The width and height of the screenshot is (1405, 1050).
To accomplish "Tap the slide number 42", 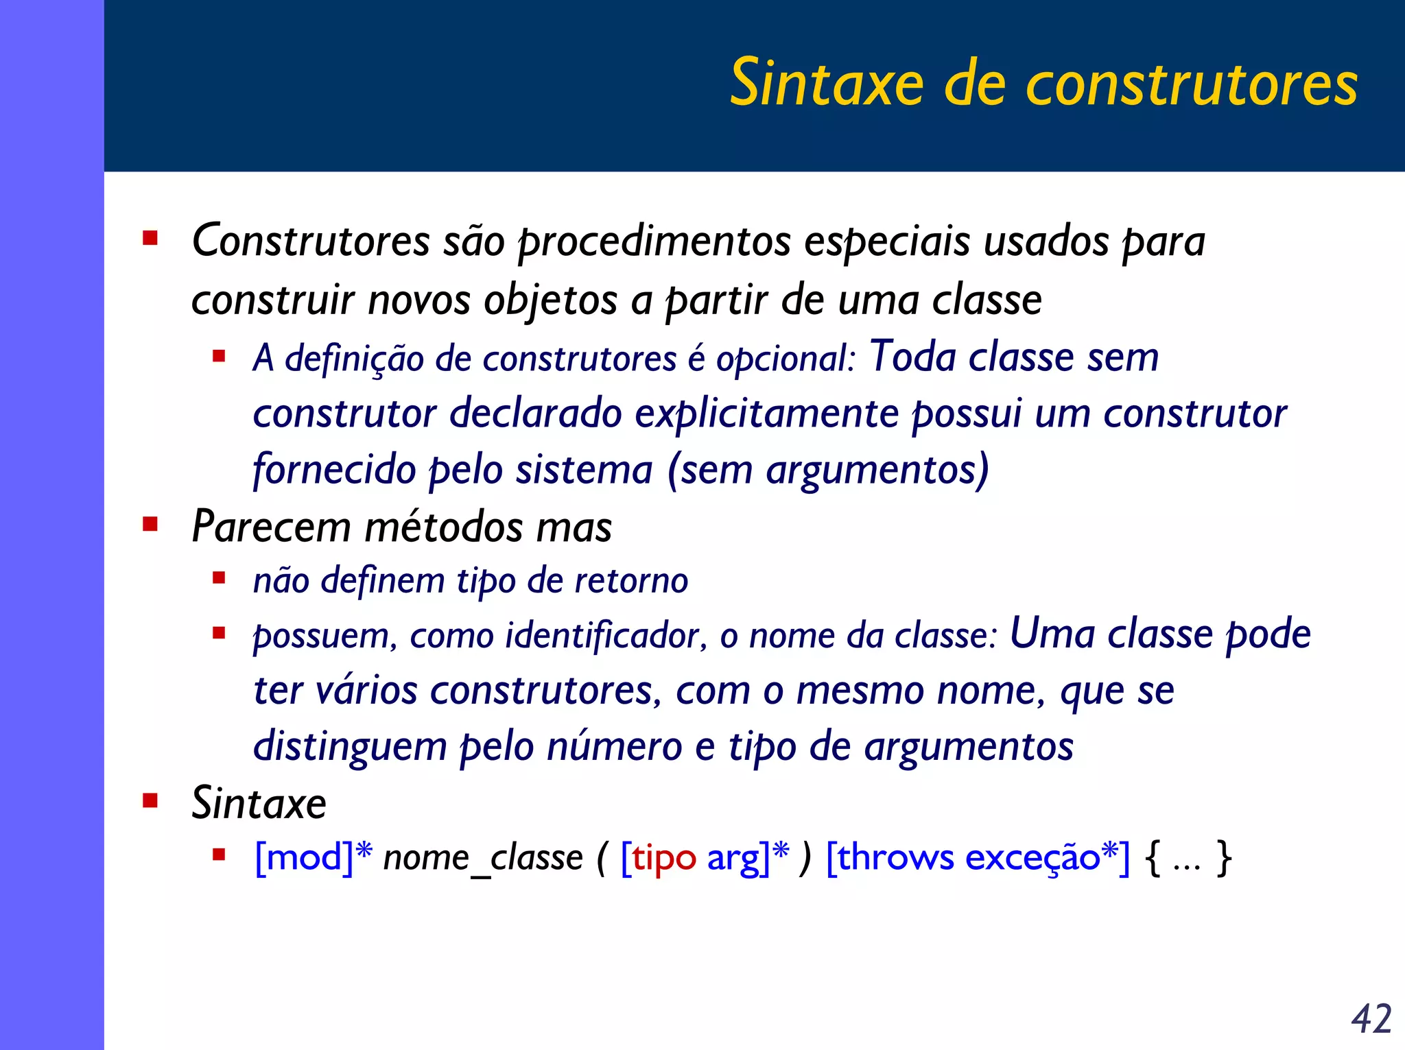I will pos(1371,1019).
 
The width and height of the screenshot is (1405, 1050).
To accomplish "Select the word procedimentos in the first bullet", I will pos(654,241).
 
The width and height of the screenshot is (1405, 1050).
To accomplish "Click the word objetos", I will pos(550,301).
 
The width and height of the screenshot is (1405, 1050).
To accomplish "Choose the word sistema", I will pos(584,470).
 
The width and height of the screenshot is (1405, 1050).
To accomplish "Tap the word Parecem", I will pos(271,527).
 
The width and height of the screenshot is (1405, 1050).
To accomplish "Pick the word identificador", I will pos(606,636).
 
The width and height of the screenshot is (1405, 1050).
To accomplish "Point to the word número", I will pos(614,746).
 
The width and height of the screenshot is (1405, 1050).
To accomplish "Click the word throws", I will pos(896,857).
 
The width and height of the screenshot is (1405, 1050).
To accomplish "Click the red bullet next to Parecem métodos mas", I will pos(150,525).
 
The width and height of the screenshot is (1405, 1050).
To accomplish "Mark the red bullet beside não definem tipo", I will pos(219,578).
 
